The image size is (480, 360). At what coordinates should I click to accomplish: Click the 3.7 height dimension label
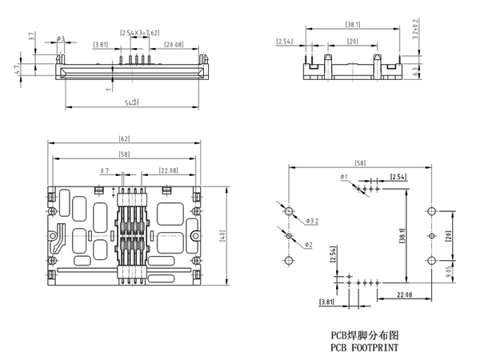tap(30, 37)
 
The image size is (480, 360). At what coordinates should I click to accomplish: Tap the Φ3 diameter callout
tap(61, 38)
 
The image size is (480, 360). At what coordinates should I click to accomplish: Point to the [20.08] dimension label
tap(174, 46)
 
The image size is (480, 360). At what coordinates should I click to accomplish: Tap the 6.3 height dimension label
tap(414, 70)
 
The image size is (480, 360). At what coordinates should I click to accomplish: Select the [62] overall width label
tap(124, 140)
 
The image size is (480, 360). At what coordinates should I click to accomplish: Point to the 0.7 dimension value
tap(105, 170)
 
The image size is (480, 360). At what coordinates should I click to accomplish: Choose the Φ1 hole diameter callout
tap(342, 176)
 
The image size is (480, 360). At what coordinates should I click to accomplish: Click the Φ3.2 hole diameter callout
tap(313, 220)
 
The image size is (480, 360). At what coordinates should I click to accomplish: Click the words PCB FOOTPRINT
tap(363, 349)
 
